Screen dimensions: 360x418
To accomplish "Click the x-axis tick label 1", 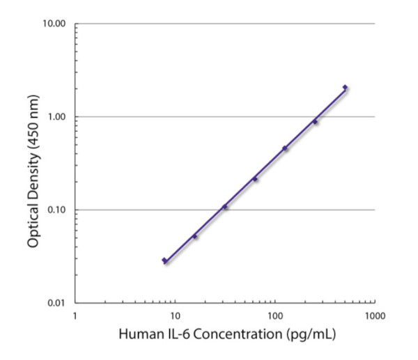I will (75, 315).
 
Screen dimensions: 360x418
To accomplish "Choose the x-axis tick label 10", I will (175, 315).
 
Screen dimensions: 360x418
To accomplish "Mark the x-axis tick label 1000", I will (374, 315).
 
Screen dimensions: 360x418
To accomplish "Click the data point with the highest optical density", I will (345, 88).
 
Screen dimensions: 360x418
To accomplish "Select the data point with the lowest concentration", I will (164, 260).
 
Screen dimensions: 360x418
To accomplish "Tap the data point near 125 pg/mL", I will (285, 148).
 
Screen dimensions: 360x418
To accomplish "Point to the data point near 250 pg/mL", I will (315, 122).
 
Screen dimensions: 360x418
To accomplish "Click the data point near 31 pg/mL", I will (224, 207).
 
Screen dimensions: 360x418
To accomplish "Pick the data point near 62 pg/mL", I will (255, 179).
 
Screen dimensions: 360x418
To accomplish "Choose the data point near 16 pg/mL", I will (195, 237).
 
